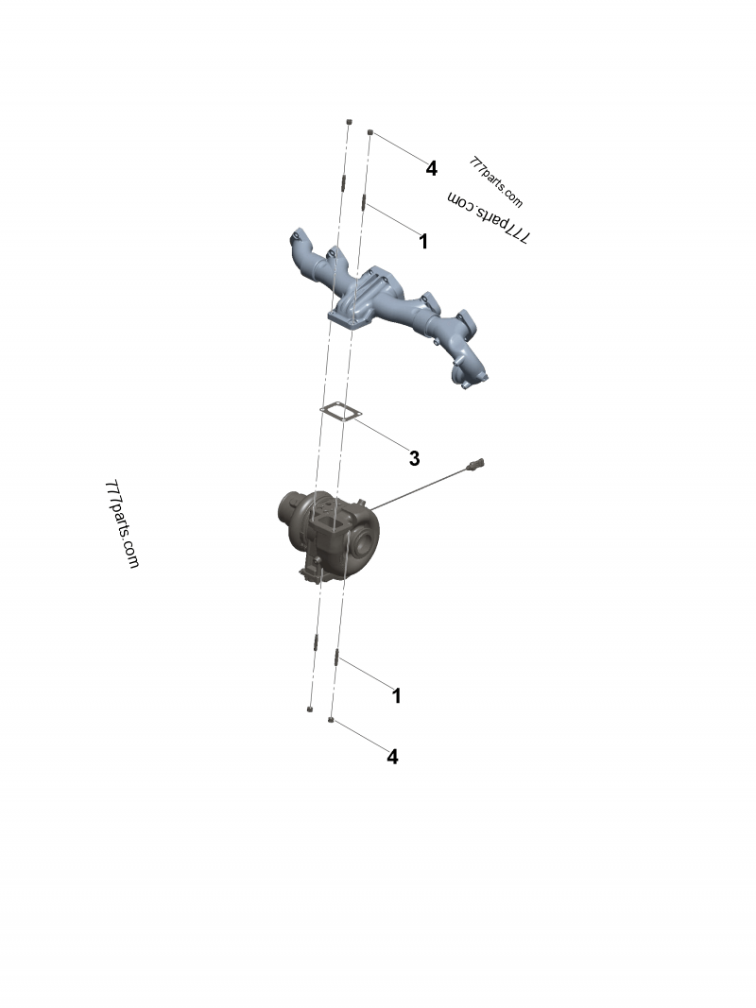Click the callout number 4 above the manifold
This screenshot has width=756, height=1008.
click(431, 169)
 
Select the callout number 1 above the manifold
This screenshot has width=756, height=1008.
click(423, 242)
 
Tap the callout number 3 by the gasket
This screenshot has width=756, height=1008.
click(414, 459)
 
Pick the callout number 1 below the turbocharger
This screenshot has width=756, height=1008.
click(397, 696)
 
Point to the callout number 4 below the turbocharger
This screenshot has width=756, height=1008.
click(392, 757)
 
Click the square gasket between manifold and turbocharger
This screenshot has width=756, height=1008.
click(335, 411)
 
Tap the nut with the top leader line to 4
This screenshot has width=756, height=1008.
click(370, 133)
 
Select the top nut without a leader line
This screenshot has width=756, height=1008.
click(349, 123)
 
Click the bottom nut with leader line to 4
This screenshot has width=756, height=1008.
click(331, 721)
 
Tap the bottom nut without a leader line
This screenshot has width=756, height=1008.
click(310, 708)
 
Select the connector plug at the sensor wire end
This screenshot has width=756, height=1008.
click(480, 464)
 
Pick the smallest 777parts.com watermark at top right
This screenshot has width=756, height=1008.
click(495, 180)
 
